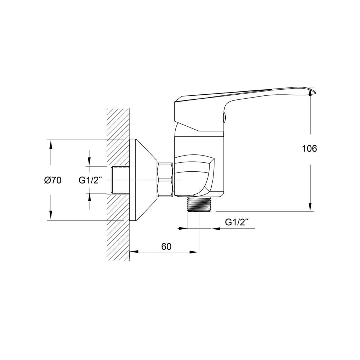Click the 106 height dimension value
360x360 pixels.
click(x=309, y=149)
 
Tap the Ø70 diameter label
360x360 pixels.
click(x=53, y=180)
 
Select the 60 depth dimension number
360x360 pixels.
click(x=166, y=247)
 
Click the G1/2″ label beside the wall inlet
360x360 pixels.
click(x=90, y=180)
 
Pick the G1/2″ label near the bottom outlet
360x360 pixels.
click(x=237, y=222)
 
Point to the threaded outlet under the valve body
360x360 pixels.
click(x=199, y=204)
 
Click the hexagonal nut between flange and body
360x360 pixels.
click(x=165, y=180)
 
